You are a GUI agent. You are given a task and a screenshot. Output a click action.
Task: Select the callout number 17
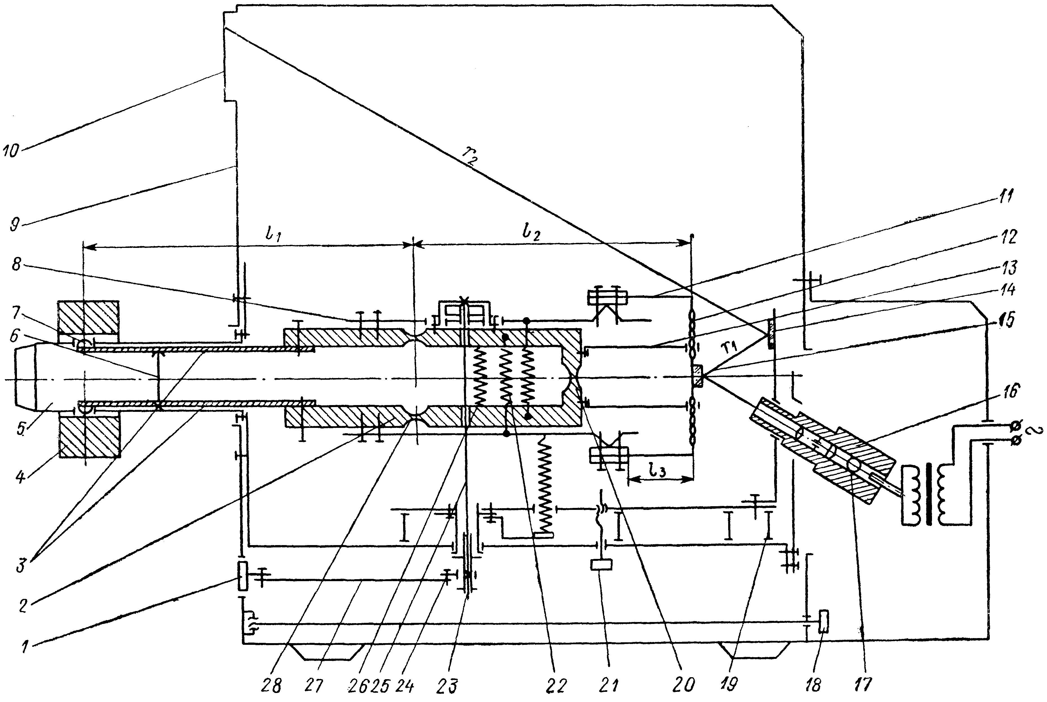click(x=863, y=684)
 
